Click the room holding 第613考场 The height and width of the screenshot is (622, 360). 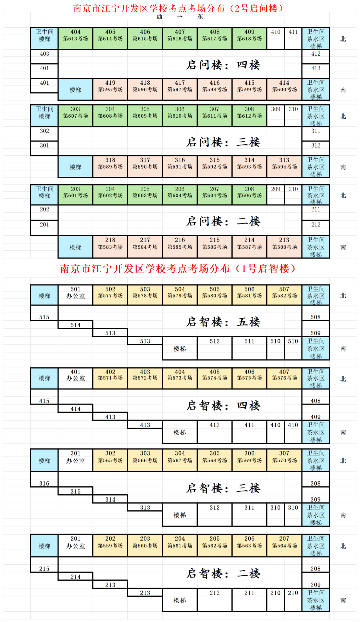pos(75,38)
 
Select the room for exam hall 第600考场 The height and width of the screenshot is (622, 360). pos(284,89)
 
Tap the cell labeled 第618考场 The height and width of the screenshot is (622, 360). pos(249,38)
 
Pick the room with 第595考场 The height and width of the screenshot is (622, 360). pos(110,89)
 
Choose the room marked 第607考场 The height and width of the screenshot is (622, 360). pos(75,116)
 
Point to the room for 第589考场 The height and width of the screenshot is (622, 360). pos(110,166)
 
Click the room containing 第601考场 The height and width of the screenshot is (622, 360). pos(75,195)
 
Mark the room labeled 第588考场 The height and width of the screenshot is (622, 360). pos(284,247)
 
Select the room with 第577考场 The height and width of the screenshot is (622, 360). pos(110,295)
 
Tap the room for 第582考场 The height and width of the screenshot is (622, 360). pos(284,295)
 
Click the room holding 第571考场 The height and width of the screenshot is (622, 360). pos(110,378)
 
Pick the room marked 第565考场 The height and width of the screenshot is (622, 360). pos(110,460)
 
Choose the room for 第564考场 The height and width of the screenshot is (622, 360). pos(284,546)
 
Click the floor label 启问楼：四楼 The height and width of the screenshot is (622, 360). pos(223,65)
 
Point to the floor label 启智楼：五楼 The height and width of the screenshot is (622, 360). pos(223,322)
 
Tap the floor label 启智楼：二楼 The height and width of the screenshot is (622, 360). pos(223,574)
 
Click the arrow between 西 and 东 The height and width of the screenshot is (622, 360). pos(180,16)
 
